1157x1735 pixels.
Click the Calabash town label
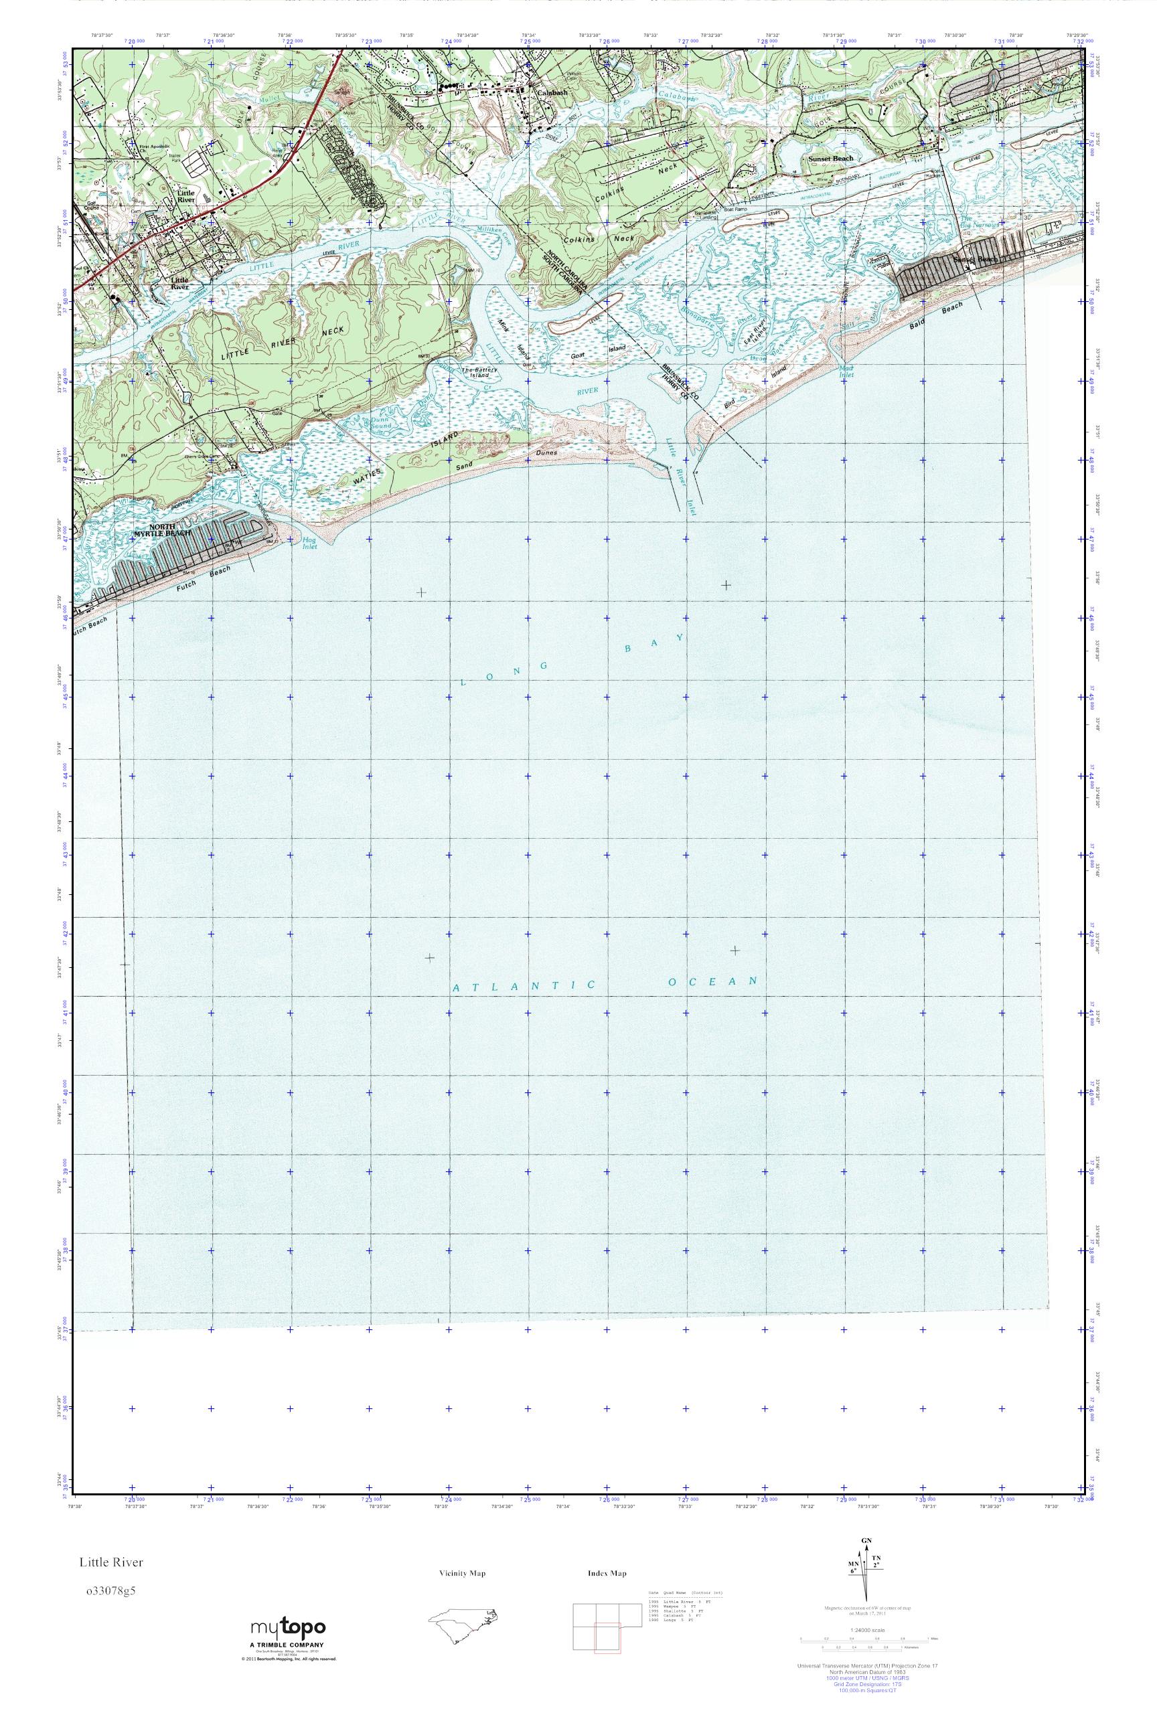(552, 93)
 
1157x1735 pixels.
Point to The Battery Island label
(479, 373)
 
